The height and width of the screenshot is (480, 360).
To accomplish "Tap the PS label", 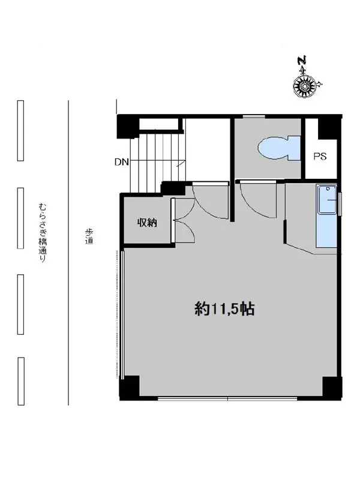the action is tap(320, 157).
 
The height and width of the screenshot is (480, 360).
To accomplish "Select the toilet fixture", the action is tap(279, 148).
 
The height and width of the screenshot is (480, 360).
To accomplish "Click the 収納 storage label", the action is tap(147, 223).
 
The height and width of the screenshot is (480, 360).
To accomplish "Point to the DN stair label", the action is tap(122, 162).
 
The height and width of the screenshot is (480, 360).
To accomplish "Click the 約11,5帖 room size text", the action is tap(224, 309).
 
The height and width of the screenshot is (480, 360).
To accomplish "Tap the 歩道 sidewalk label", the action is tap(89, 236).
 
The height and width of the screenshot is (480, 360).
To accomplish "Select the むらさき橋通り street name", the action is tap(42, 233).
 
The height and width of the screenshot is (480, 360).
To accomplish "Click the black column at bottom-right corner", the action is tap(332, 388).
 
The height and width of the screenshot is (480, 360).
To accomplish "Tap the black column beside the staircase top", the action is tap(128, 127).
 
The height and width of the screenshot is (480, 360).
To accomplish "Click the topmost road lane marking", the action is tap(20, 130).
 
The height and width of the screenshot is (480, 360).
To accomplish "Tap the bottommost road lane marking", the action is tap(21, 381).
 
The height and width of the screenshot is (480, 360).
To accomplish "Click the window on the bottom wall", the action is tap(227, 398).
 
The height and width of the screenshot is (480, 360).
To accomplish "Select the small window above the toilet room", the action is tap(254, 116).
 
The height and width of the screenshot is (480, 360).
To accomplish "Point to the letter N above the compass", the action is tap(303, 60).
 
